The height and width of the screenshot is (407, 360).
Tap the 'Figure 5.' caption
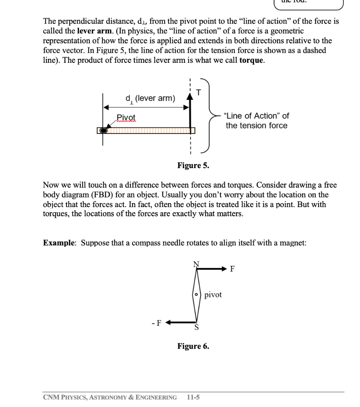click(193, 166)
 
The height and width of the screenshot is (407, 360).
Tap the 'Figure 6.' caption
click(193, 346)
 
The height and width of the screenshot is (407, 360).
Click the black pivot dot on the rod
click(103, 130)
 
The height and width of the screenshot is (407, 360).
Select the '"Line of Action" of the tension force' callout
click(256, 120)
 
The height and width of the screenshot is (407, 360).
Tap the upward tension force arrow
click(191, 113)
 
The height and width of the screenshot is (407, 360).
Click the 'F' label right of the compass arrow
click(233, 269)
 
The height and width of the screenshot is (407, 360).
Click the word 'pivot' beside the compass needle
click(213, 295)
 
